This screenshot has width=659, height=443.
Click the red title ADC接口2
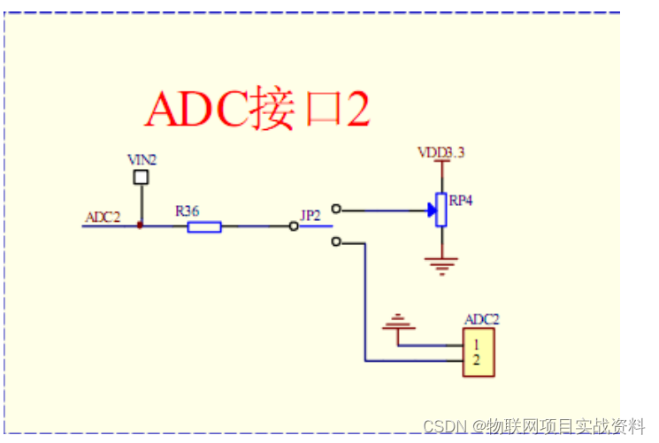[x=257, y=110]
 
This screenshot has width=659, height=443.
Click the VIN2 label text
[x=142, y=160]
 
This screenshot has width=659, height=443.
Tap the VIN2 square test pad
[x=140, y=178]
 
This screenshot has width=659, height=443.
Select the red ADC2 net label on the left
[x=103, y=217]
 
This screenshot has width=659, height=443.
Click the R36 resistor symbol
[x=204, y=227]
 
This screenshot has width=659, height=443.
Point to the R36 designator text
[x=187, y=211]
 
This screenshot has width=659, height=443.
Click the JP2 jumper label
[x=310, y=216]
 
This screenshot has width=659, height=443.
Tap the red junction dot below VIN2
[x=140, y=226]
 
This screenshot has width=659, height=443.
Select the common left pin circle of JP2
[x=295, y=226]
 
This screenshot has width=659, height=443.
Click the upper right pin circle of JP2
[x=334, y=210]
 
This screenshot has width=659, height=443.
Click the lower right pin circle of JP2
[x=334, y=241]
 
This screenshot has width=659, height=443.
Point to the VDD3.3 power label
[x=441, y=153]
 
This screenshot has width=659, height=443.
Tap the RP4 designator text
[x=461, y=201]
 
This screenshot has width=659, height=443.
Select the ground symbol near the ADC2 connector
[x=397, y=323]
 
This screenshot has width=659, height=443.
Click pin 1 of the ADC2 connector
[x=476, y=343]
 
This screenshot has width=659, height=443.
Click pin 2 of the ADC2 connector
[x=476, y=360]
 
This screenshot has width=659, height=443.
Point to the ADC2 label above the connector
[x=482, y=319]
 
